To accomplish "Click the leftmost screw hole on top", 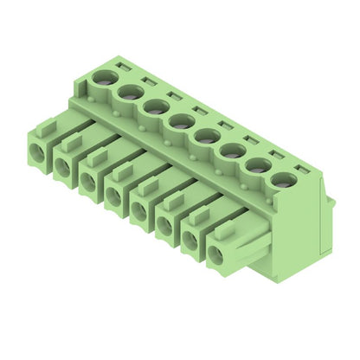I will coord(104,78).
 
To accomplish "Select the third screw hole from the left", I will coord(157,106).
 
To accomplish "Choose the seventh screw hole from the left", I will coord(258,164).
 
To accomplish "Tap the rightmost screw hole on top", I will coord(282,179).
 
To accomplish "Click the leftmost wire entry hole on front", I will coord(36,153).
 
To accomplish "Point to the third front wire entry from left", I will coord(88,182).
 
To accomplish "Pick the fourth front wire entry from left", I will coord(114,196).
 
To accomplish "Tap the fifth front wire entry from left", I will coord(139,211).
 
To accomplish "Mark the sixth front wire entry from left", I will coord(164,226).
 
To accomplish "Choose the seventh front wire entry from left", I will coord(190,241).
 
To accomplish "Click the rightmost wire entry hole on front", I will coord(215,254).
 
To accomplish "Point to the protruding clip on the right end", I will coord(331,204).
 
